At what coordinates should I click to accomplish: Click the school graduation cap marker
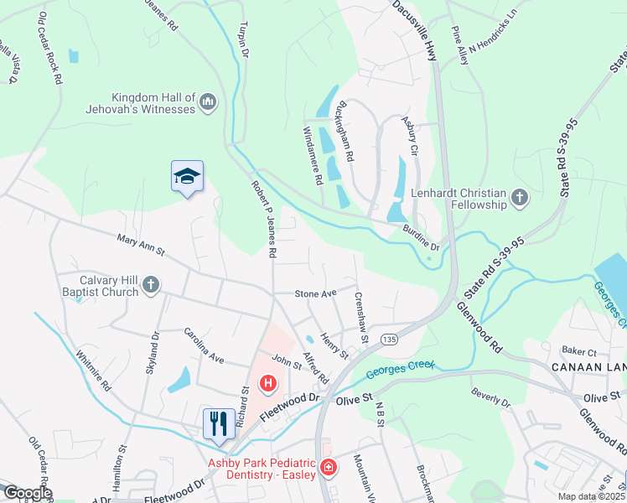point(188,176)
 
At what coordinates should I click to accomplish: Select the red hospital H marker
point(268,384)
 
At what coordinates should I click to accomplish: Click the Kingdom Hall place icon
point(209,103)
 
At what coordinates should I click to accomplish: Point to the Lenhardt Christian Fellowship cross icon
point(520,199)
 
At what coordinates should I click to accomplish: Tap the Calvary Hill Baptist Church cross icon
point(151,286)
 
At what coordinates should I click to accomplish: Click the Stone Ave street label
point(315,293)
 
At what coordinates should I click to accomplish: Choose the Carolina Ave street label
point(205,345)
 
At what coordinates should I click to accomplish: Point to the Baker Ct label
point(579,351)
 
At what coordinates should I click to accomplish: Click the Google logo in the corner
point(27,493)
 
